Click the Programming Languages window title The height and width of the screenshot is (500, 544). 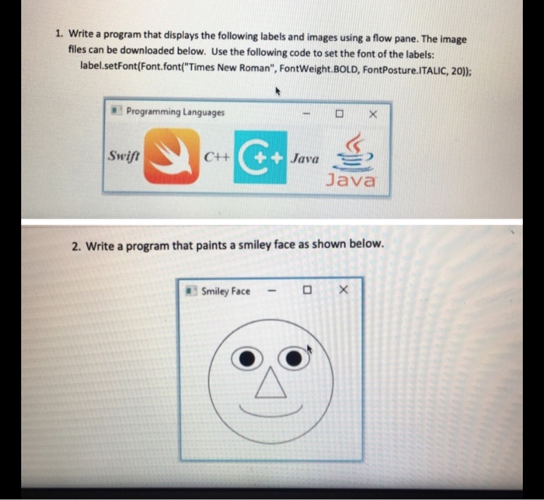coord(175,112)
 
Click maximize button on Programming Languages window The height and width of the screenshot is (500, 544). coord(339,114)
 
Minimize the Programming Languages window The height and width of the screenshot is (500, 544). coord(307,114)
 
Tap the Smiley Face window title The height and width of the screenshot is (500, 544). coord(225,291)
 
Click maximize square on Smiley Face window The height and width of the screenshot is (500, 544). coord(308,292)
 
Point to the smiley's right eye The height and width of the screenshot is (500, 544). coord(292,358)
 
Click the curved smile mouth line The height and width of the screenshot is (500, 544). coord(270,411)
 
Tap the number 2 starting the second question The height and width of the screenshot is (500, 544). coord(75,246)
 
